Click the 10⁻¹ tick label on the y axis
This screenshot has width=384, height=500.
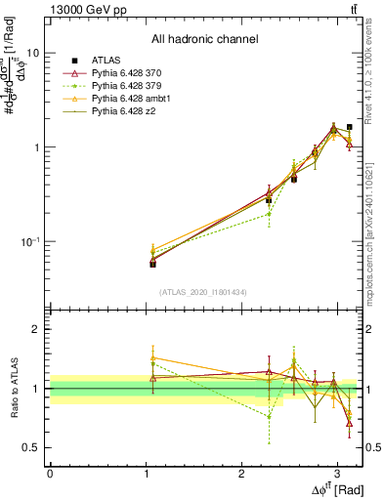tap(30, 241)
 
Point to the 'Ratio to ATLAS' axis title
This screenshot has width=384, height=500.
tap(12, 388)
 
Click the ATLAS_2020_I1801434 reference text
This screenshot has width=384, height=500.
tap(204, 292)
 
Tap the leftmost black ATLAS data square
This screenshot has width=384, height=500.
tap(152, 264)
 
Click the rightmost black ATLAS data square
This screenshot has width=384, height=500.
tap(350, 127)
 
